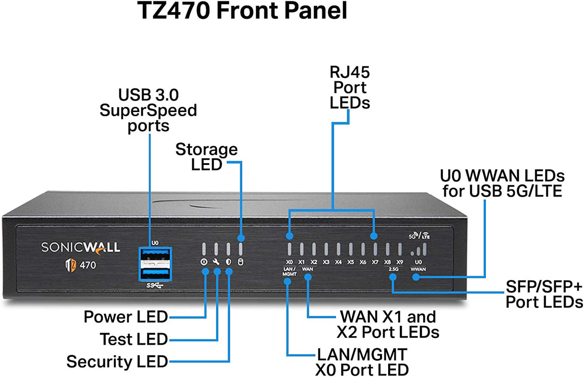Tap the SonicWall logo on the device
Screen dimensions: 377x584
pyautogui.click(x=80, y=247)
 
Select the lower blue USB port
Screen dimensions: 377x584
pyautogui.click(x=155, y=273)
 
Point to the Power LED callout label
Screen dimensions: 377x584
pyautogui.click(x=126, y=317)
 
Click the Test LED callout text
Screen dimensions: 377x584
pyautogui.click(x=133, y=339)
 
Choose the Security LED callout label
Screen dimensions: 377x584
pyautogui.click(x=117, y=361)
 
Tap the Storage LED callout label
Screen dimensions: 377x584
pyautogui.click(x=206, y=157)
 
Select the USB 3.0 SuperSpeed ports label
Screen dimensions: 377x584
pyautogui.click(x=148, y=110)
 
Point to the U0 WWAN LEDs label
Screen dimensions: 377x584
pyautogui.click(x=502, y=183)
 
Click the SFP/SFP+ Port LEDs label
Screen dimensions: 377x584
pyautogui.click(x=544, y=295)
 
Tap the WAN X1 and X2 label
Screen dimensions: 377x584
pyautogui.click(x=388, y=324)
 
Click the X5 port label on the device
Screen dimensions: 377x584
pyautogui.click(x=350, y=262)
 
